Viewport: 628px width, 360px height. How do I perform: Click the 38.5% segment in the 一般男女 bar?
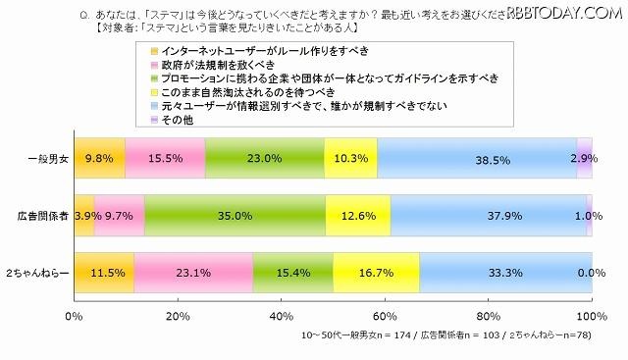point(476,157)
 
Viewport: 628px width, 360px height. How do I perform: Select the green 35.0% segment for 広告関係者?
point(235,215)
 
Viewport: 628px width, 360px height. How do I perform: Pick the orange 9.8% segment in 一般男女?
point(98,157)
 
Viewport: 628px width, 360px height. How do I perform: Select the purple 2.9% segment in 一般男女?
point(584,157)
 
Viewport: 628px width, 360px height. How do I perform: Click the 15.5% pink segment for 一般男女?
point(165,157)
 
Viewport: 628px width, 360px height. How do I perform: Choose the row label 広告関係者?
point(36,215)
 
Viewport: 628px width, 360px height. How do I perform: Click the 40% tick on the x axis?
point(281,317)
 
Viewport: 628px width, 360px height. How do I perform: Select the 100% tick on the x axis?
point(590,317)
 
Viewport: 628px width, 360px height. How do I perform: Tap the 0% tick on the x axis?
point(73,317)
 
